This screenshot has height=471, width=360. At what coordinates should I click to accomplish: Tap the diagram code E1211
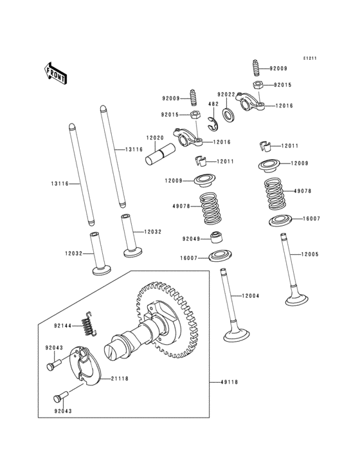[x=312, y=59]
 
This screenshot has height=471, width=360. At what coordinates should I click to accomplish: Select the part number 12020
[x=154, y=138]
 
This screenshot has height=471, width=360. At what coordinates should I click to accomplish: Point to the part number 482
[x=213, y=104]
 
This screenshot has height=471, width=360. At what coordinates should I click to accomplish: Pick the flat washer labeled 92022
[x=228, y=115]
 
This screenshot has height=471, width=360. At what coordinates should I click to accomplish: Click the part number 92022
[x=226, y=94]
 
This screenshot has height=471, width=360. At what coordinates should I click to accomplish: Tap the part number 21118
[x=120, y=379]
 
